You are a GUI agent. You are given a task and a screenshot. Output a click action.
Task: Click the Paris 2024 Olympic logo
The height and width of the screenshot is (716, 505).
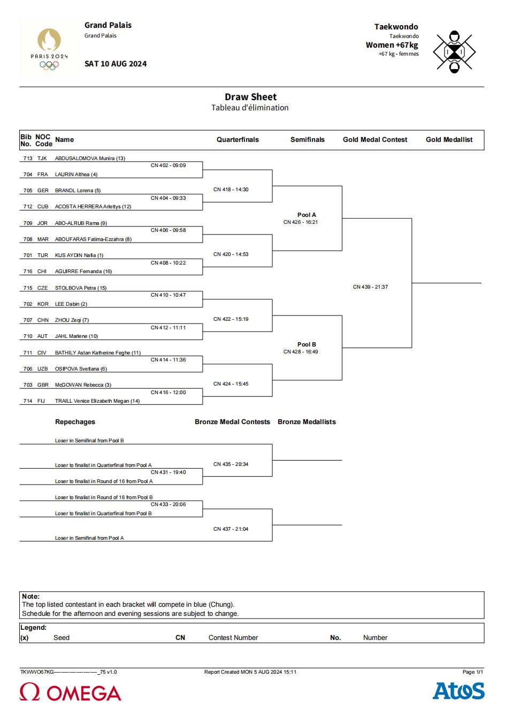[x=49, y=49]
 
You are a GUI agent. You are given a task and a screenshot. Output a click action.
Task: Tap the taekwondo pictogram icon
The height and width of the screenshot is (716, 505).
[x=454, y=52]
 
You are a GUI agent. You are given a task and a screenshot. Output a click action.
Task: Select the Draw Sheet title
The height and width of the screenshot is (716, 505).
[x=250, y=96]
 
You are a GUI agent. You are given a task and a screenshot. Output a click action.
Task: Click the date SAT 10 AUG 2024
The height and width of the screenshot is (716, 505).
[x=116, y=64]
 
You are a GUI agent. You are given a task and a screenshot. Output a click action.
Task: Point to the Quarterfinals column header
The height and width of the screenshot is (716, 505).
[x=238, y=140]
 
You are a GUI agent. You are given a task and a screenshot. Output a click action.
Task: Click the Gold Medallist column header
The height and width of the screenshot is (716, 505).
[x=449, y=140]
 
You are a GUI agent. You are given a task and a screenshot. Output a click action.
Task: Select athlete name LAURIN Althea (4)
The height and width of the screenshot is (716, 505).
[x=76, y=174]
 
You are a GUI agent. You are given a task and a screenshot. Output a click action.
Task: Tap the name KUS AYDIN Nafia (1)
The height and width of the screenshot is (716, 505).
[x=79, y=255]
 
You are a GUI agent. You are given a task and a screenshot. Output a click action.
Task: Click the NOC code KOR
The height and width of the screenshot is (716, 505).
[x=43, y=304]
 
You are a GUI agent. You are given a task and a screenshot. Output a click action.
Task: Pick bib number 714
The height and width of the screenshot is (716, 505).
[x=28, y=401]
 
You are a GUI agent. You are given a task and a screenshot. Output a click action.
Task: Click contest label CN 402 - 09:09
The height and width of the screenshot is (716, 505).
[x=168, y=165]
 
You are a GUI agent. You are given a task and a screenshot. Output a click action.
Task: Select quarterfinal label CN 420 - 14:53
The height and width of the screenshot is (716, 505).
[x=231, y=254]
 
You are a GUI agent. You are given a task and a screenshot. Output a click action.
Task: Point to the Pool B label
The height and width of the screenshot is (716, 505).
[x=307, y=344]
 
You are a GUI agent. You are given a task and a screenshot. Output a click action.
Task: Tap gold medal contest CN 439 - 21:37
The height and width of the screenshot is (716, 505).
[x=370, y=287]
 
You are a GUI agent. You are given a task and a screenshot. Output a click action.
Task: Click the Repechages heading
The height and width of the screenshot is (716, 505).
[x=75, y=421]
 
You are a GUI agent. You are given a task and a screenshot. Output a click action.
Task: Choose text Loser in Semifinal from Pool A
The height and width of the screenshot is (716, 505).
[x=89, y=538]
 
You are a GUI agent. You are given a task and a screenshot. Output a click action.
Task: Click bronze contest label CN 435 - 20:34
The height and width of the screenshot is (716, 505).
[x=231, y=464]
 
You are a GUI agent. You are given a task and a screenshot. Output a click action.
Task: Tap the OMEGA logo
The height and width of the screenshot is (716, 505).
[x=70, y=692]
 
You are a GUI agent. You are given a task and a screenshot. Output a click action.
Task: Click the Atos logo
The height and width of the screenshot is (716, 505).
[x=458, y=691]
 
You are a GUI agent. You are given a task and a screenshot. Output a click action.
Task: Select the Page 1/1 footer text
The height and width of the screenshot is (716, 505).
[x=473, y=672]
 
